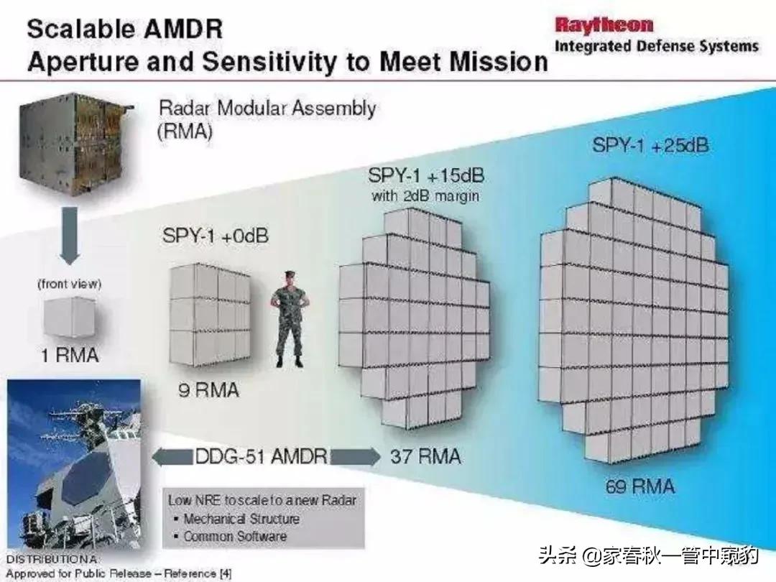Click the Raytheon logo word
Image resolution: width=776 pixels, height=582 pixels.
(x=604, y=24)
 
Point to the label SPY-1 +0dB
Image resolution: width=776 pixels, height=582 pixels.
(x=216, y=236)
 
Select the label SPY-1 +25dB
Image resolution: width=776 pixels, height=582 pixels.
(x=650, y=145)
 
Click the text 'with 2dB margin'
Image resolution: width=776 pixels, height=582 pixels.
(x=425, y=196)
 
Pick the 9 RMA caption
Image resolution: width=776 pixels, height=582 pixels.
(x=208, y=390)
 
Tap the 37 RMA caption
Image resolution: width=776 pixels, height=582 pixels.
(x=425, y=456)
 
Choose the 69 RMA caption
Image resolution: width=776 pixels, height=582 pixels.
(x=640, y=486)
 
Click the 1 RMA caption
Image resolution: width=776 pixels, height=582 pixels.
(x=70, y=355)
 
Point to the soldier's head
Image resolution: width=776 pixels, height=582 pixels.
(x=290, y=279)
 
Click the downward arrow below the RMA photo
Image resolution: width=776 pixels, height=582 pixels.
(x=70, y=235)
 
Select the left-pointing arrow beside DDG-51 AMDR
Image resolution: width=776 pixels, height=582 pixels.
(x=172, y=456)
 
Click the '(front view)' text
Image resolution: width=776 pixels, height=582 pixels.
(x=69, y=284)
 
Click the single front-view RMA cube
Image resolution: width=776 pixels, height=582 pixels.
(x=69, y=318)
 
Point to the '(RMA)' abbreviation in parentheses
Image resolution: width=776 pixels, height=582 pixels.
(x=185, y=131)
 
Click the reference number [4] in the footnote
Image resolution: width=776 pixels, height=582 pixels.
(x=225, y=573)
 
